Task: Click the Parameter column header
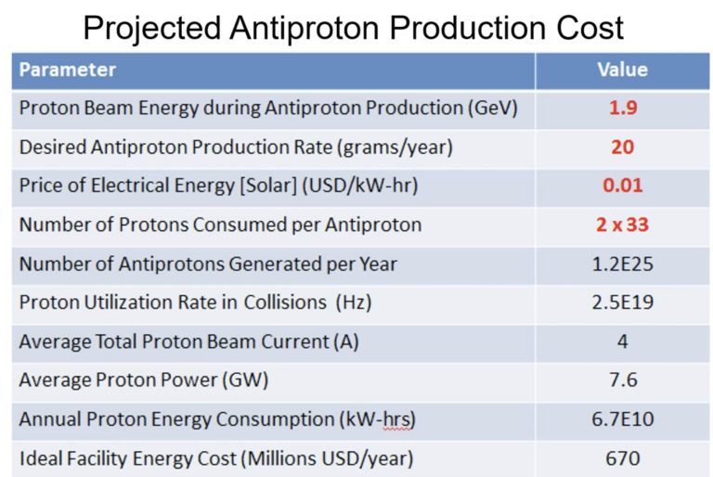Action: [68, 70]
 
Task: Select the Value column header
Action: [621, 70]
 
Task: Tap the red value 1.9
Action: [622, 108]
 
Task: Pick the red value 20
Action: [622, 147]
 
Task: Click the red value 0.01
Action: [622, 186]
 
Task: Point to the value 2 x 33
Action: [622, 225]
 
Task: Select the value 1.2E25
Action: [622, 264]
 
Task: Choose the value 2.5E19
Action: [622, 303]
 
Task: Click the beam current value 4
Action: [622, 342]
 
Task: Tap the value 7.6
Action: [622, 380]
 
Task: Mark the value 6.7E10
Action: [622, 419]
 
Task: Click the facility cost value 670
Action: [622, 458]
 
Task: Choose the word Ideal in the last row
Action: [40, 458]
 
